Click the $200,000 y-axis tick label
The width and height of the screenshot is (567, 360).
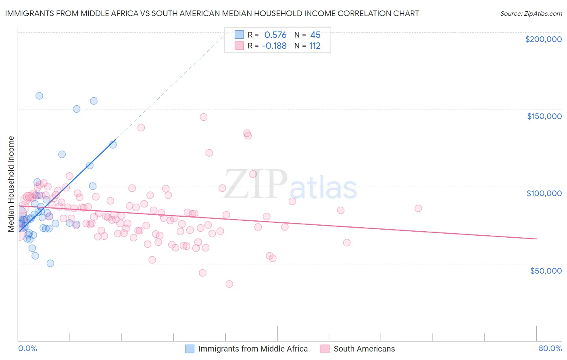coord(543,39)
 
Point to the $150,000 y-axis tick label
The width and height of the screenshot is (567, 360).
coord(544,116)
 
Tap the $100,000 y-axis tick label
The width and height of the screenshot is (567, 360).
coord(544,193)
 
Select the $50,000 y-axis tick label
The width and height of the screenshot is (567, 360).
coord(546,270)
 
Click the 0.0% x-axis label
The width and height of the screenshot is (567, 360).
coord(27,349)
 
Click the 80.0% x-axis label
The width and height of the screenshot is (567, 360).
coord(550,349)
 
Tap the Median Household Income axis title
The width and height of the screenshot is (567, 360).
coord(11,184)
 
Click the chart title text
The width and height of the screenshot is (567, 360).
coord(212,13)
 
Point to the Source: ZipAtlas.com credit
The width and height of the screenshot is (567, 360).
coord(531,13)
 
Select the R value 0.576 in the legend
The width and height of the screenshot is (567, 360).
coord(275,35)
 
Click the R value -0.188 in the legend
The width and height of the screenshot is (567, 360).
coord(274,46)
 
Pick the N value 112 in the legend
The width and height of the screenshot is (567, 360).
coord(315,46)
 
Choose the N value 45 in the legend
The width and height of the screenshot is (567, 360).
coord(315,35)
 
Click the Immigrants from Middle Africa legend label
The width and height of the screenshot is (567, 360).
coord(252,349)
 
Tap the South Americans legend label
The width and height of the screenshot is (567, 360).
coord(364,349)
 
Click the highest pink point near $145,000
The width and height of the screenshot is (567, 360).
coord(204,117)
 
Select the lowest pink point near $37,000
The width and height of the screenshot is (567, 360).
coord(229,284)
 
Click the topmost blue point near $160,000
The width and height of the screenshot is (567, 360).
coord(40,96)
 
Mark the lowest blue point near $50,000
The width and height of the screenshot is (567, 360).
coord(50,263)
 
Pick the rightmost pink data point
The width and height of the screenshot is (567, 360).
coord(418,208)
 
